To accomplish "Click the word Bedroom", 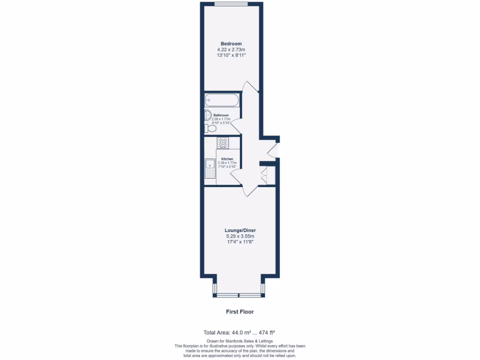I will click(231, 44).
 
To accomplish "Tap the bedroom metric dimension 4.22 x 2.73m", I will click(231, 49).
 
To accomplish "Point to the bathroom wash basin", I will click(207, 115).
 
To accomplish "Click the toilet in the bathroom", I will click(210, 128).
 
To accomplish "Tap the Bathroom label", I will click(221, 115).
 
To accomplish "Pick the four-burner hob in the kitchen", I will click(223, 142).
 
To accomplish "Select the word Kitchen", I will click(227, 159).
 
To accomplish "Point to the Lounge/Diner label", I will click(240, 231).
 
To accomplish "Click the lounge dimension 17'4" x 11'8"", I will click(240, 242).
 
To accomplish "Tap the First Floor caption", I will click(240, 311).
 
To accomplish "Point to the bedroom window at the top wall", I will click(231, 4).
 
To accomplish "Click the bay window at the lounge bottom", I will click(240, 295).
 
